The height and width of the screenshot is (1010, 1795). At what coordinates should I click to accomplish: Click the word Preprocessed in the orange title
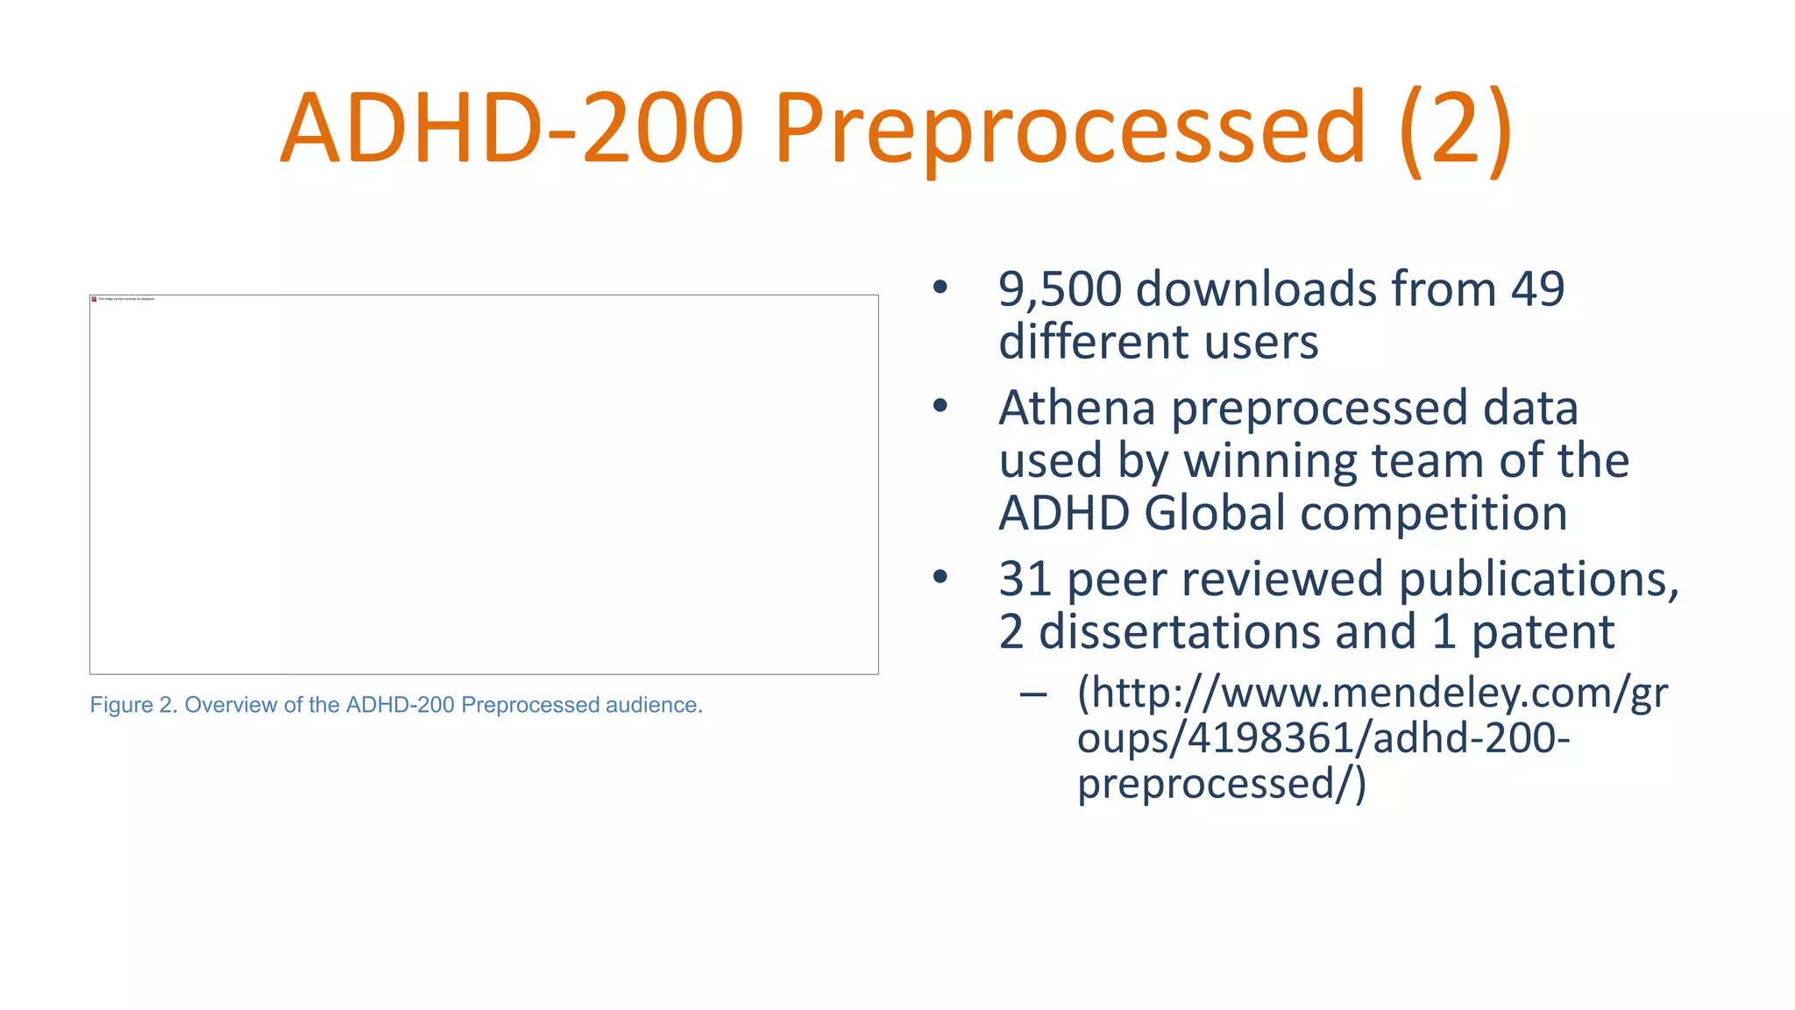[x=1069, y=130]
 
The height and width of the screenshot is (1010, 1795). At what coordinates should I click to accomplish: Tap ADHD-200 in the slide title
[x=512, y=130]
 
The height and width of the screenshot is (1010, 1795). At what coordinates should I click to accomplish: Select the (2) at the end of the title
[x=1455, y=130]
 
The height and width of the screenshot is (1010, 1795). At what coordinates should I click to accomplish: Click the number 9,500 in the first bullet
[x=1060, y=289]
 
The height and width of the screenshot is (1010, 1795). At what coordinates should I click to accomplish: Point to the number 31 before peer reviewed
[x=1025, y=580]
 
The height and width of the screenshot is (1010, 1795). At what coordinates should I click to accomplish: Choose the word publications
[x=1537, y=580]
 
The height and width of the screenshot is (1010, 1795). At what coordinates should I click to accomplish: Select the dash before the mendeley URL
[x=1033, y=695]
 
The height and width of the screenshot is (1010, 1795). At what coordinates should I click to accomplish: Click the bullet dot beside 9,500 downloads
[x=940, y=288]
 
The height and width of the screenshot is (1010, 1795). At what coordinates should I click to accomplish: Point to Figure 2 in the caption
[x=131, y=706]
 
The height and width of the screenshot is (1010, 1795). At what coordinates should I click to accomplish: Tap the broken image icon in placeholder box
[x=94, y=299]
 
